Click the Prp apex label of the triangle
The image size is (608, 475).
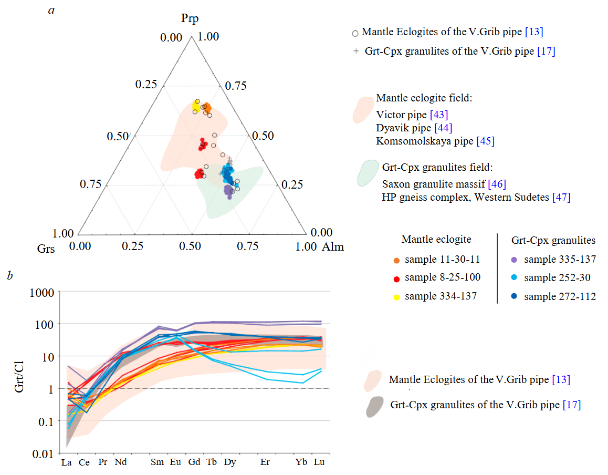click(x=190, y=19)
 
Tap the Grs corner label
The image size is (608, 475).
click(x=46, y=247)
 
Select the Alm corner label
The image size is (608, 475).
click(x=332, y=246)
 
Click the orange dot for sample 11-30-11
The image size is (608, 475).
click(x=397, y=260)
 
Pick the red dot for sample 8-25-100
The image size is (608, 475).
click(x=397, y=278)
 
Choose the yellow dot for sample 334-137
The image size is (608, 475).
click(x=397, y=296)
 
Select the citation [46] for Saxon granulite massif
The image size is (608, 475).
click(x=497, y=184)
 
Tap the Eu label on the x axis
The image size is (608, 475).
click(x=175, y=462)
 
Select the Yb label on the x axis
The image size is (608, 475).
click(x=301, y=462)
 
